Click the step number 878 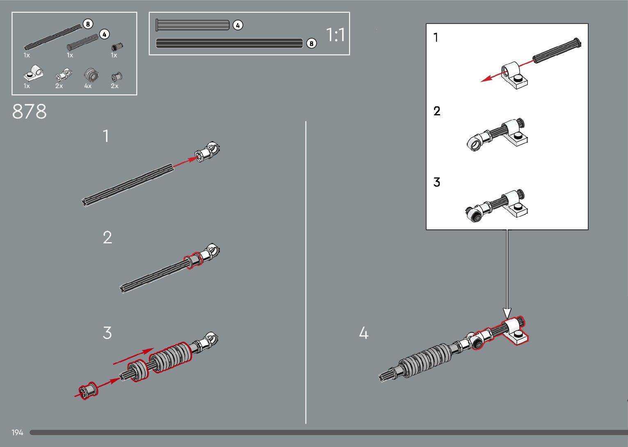click(x=30, y=111)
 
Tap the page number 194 click(x=17, y=433)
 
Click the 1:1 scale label click(x=336, y=35)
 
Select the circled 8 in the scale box click(x=311, y=44)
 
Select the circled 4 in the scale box click(x=238, y=25)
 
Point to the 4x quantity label click(x=88, y=86)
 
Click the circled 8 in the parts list click(x=87, y=24)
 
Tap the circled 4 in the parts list click(x=105, y=34)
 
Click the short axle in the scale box click(x=193, y=25)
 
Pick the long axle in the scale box click(x=229, y=43)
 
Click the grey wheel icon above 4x click(x=91, y=75)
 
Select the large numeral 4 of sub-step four click(x=363, y=333)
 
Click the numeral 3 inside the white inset click(x=437, y=182)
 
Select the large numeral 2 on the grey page click(x=107, y=238)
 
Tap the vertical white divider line click(x=306, y=271)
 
